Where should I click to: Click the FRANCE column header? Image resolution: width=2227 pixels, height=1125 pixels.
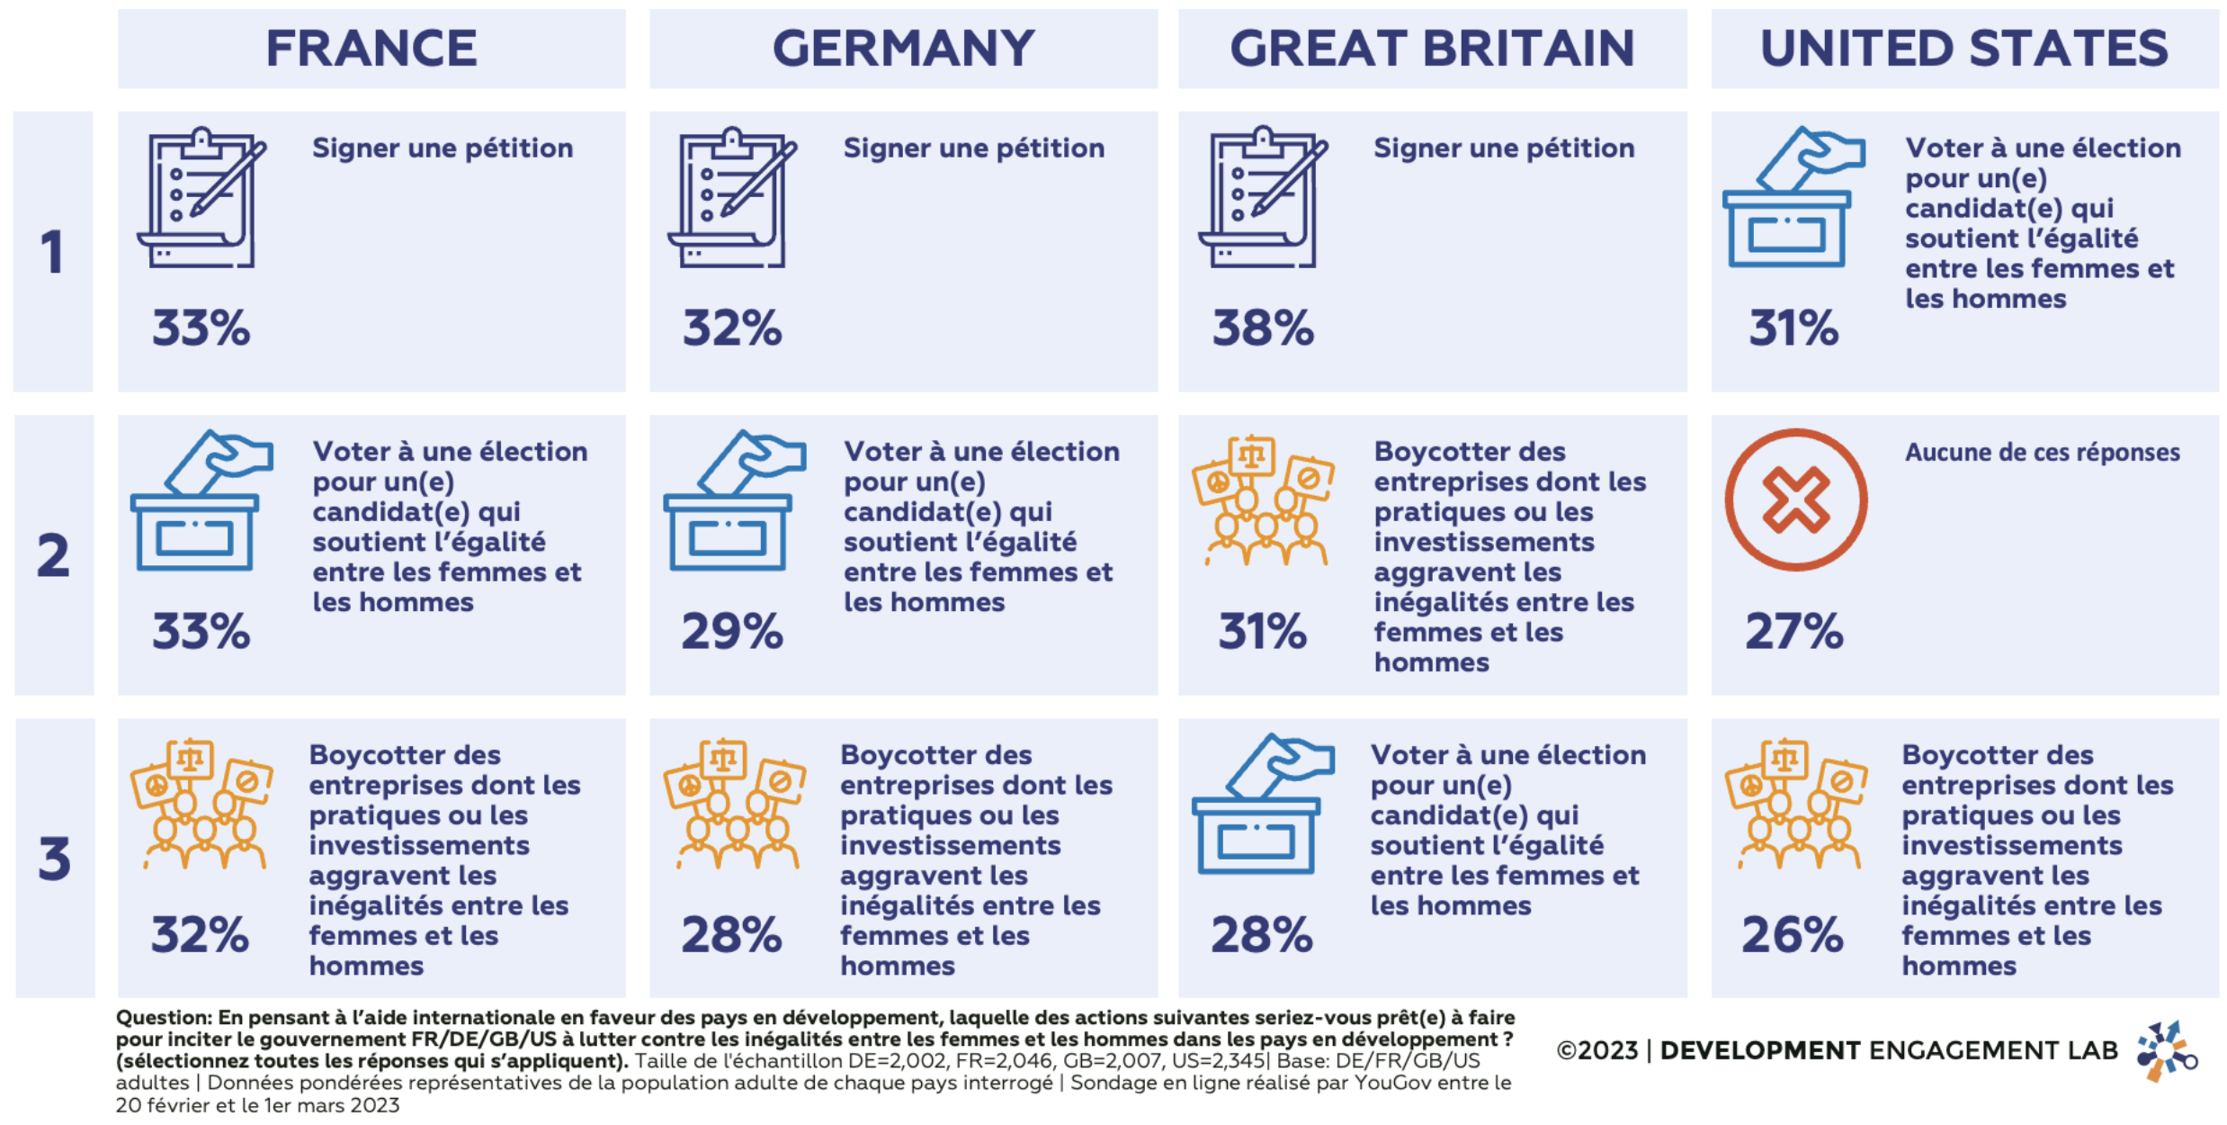tap(371, 49)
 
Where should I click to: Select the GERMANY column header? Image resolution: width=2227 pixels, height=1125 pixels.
tap(903, 49)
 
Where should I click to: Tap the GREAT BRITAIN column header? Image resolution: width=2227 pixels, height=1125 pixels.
tap(1432, 49)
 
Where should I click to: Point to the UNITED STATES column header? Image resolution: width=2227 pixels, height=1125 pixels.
tap(1964, 49)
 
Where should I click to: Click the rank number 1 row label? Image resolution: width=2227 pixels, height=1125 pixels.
tap(53, 252)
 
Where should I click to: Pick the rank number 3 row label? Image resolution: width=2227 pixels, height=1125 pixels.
tap(54, 859)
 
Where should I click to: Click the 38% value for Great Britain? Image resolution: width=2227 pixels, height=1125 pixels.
tap(1263, 328)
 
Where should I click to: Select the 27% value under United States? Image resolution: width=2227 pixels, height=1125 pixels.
tap(1794, 631)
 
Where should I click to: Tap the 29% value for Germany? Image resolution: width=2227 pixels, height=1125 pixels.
tap(732, 631)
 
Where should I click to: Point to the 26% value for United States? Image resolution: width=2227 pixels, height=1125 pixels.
tap(1793, 934)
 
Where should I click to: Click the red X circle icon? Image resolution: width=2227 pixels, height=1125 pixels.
tap(1795, 500)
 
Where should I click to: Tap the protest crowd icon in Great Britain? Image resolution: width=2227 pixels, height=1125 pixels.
tap(1263, 500)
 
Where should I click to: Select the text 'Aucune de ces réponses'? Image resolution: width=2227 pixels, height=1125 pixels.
tap(2042, 452)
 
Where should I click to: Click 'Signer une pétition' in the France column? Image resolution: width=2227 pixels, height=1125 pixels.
tap(443, 148)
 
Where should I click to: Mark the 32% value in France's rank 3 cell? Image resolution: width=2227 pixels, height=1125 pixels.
tap(200, 934)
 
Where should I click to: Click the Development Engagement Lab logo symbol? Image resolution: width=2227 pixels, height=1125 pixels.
tap(2167, 1051)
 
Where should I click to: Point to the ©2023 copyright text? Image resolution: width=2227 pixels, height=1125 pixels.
tap(1596, 1051)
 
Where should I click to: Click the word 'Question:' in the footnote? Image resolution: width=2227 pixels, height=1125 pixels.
tap(164, 1018)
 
